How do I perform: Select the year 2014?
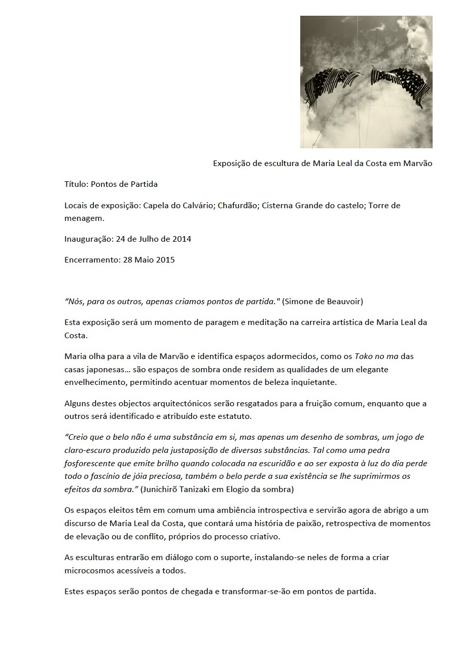[181, 239]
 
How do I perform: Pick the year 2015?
[164, 259]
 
